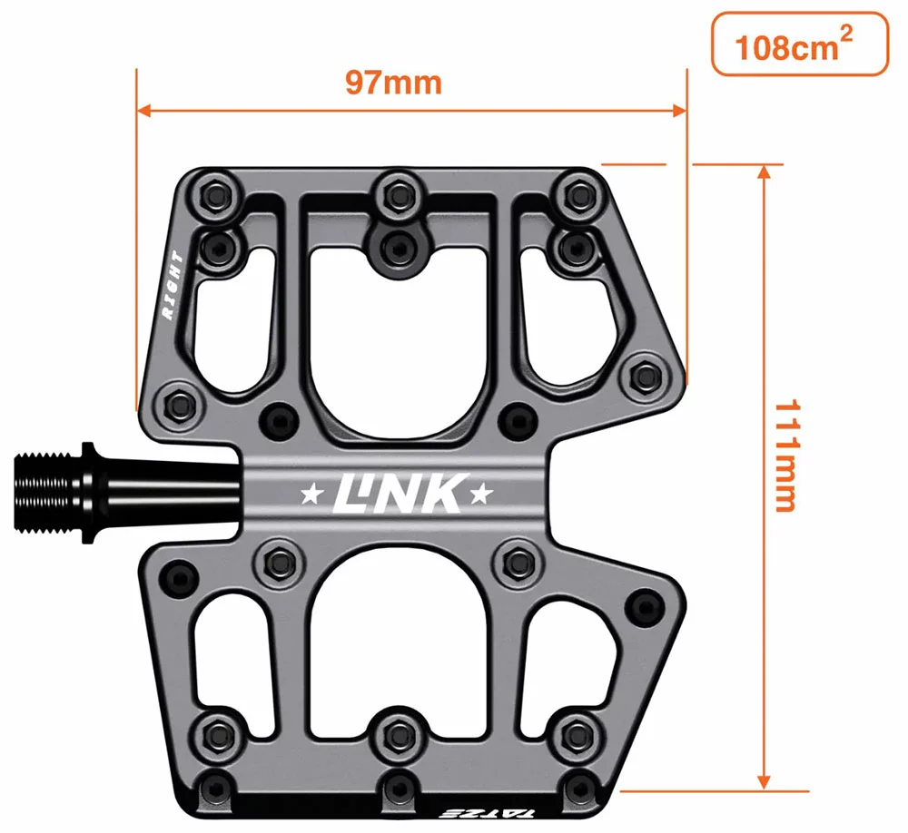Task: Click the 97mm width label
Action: click(x=392, y=83)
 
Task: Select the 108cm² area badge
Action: click(x=798, y=44)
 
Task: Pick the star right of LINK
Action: click(x=480, y=495)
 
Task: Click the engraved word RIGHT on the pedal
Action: click(x=173, y=286)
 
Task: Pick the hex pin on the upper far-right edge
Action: click(x=646, y=374)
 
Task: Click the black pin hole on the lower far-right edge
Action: click(x=646, y=605)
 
